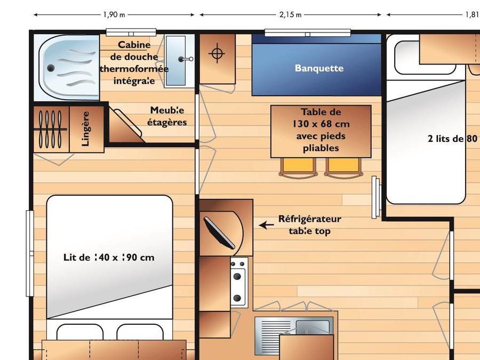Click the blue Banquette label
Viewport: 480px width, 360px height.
coord(319,68)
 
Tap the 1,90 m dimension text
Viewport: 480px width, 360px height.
coord(114,15)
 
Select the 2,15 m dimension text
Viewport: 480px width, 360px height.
coord(290,15)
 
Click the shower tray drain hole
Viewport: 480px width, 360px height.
coord(51,68)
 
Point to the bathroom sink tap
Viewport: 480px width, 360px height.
coord(186,59)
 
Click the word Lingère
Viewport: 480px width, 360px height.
coord(86,129)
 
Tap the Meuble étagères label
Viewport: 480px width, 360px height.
coord(167,116)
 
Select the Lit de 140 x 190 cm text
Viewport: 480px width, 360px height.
coord(109,257)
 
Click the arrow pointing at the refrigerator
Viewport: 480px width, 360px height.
coord(266,225)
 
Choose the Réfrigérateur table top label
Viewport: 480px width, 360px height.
coord(309,225)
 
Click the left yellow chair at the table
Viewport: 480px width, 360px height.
coord(298,168)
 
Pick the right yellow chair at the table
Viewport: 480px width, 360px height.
coord(343,168)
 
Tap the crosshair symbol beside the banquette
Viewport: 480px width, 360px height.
coord(217,53)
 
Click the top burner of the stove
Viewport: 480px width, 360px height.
coord(237,277)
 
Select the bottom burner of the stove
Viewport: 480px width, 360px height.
coord(237,298)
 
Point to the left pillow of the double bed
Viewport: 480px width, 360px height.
coord(80,332)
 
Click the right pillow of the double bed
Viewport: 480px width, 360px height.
coord(140,332)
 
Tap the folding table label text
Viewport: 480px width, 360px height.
coord(321,130)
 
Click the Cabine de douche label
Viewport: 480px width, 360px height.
coord(134,63)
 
